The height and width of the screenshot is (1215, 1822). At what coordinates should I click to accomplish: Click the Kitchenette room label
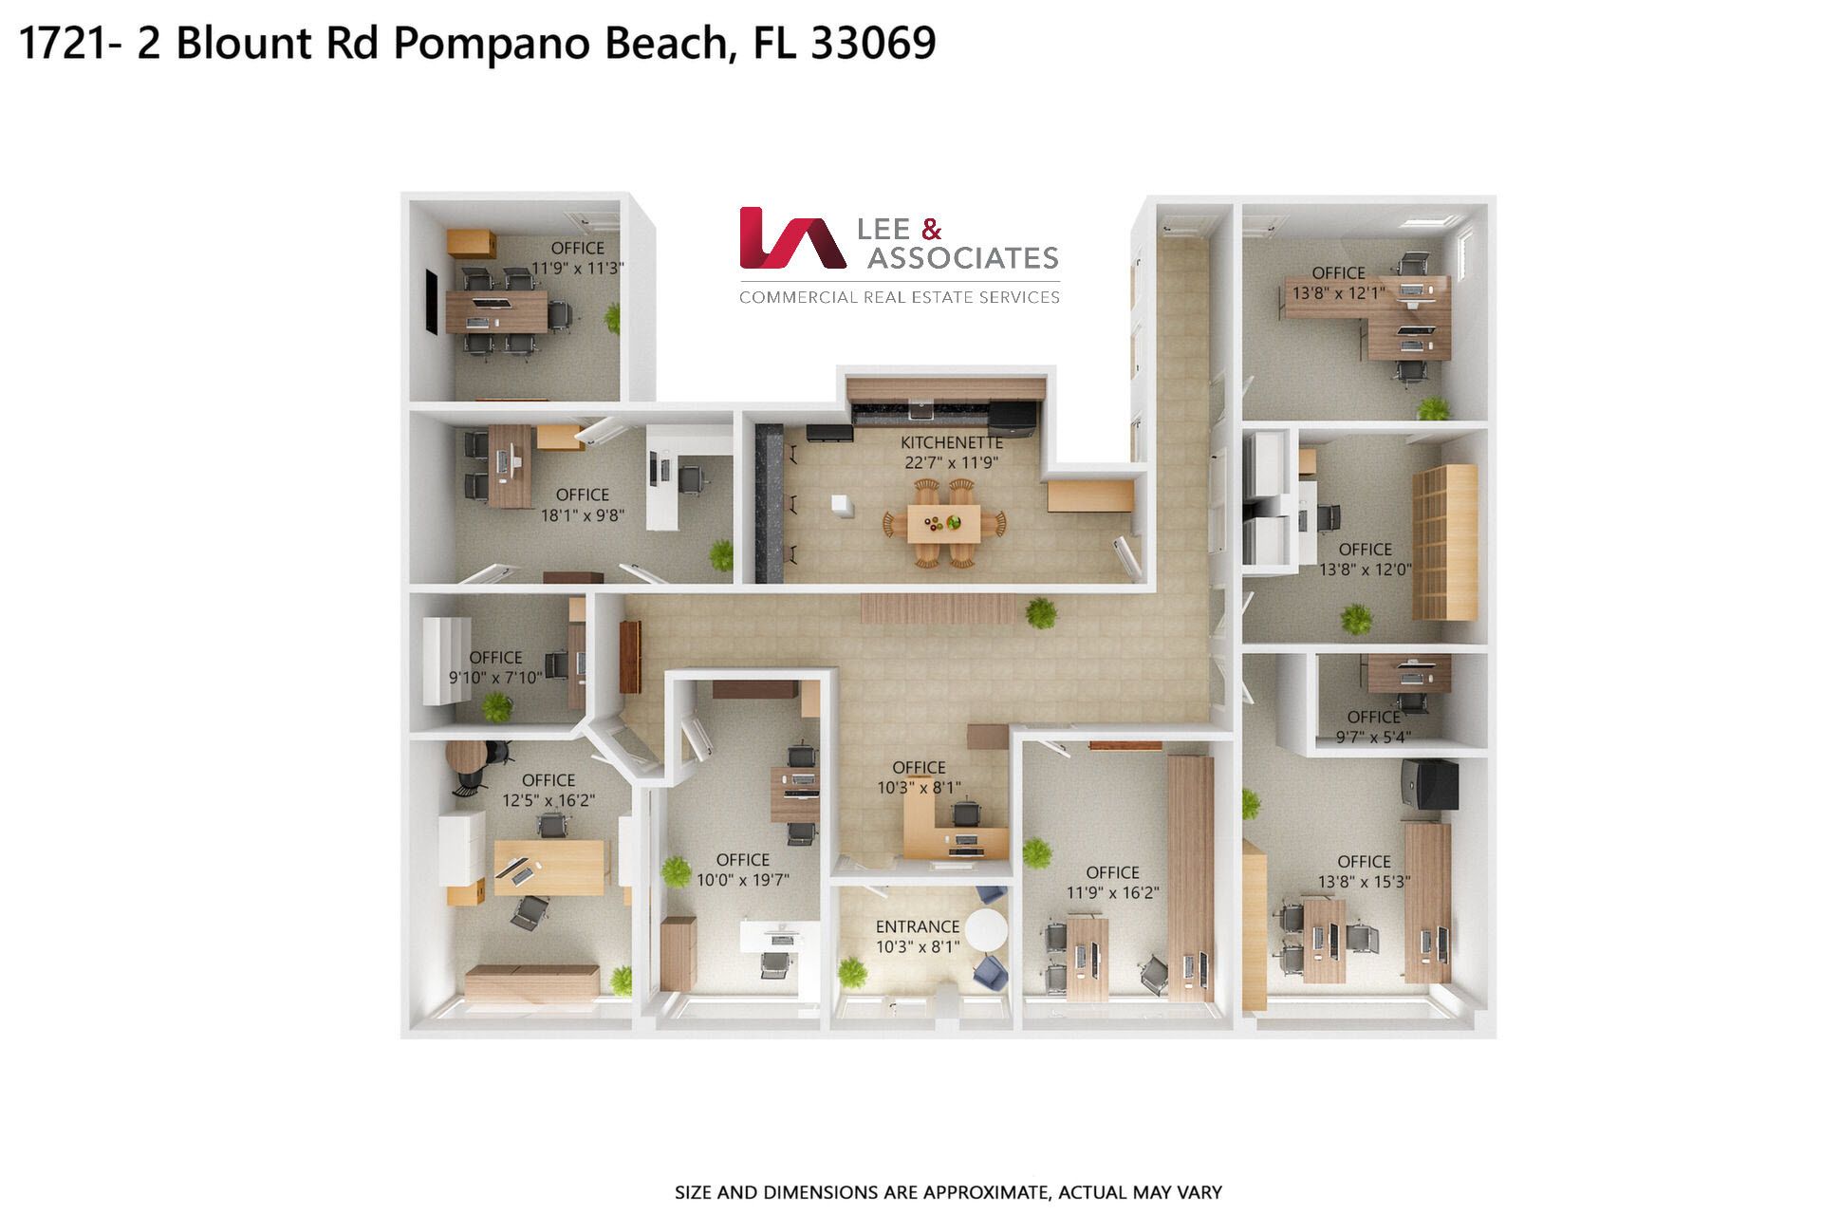(952, 442)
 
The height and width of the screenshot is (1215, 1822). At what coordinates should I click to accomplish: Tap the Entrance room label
(918, 926)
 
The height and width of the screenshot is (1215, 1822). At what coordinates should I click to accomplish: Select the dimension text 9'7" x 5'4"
(1373, 737)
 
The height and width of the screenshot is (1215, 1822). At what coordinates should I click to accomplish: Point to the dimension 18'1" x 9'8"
(583, 515)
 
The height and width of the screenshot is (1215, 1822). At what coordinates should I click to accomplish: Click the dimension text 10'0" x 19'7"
(743, 880)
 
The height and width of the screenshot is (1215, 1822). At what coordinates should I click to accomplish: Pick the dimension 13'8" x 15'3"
(1364, 882)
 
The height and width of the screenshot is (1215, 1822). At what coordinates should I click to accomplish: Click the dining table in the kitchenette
(943, 523)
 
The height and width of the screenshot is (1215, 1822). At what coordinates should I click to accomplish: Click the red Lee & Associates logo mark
(791, 237)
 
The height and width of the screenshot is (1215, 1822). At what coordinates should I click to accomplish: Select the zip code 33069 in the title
(873, 44)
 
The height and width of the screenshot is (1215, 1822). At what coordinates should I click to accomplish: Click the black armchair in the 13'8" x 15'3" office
(1429, 784)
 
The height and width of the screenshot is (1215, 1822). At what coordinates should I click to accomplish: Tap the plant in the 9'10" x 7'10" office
(496, 706)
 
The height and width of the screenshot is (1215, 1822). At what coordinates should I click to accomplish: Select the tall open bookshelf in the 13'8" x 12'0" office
(1444, 542)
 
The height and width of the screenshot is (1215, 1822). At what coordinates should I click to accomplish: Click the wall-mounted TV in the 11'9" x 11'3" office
(431, 301)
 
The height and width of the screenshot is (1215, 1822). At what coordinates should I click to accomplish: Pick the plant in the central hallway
(1041, 612)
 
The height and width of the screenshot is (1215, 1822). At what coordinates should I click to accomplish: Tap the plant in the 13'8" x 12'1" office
(1433, 408)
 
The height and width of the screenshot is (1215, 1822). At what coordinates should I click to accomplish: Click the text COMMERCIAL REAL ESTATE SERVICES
(900, 297)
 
